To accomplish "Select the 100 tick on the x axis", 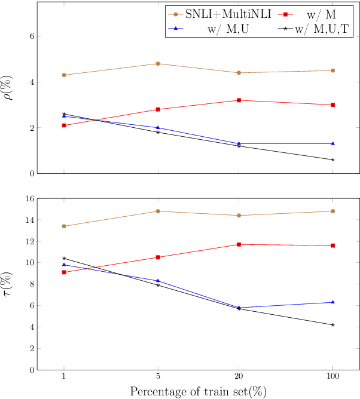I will click(x=332, y=377).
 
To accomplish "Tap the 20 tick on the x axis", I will click(x=239, y=377).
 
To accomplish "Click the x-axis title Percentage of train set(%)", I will click(x=198, y=391).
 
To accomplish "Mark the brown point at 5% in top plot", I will click(x=158, y=63).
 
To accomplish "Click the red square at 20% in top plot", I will click(x=239, y=100).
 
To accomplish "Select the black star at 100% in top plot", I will click(x=332, y=159).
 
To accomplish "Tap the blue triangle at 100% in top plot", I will click(x=332, y=143).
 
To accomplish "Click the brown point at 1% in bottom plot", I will click(x=64, y=226).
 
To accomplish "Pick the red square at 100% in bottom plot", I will click(x=332, y=245).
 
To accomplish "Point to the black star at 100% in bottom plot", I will click(x=332, y=325).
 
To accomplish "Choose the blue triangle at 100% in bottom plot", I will click(x=332, y=302).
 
